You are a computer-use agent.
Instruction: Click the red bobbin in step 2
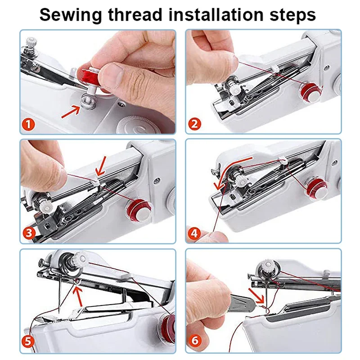(308, 91)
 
